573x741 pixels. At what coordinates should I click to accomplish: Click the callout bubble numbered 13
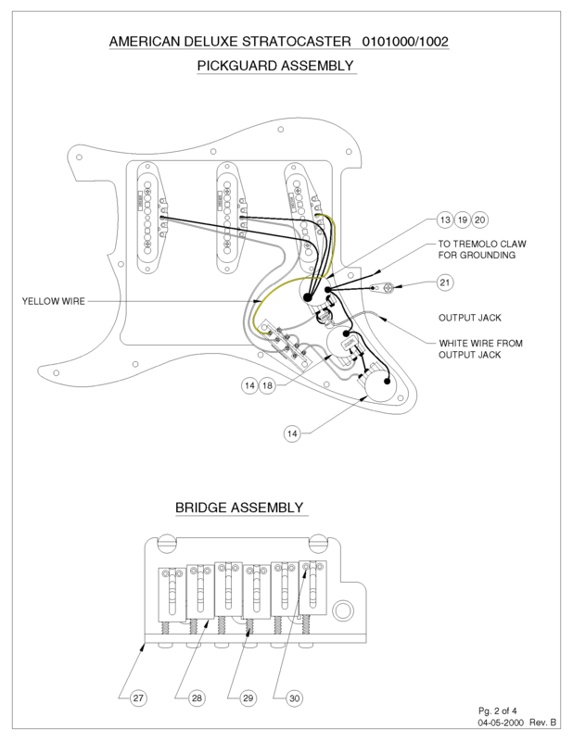pyautogui.click(x=445, y=220)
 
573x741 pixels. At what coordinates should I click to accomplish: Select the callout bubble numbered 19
pyautogui.click(x=463, y=220)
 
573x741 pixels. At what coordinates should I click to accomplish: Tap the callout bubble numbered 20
pyautogui.click(x=479, y=220)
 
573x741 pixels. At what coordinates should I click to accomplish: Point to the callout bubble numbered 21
pyautogui.click(x=445, y=282)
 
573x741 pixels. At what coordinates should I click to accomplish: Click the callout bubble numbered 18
pyautogui.click(x=267, y=384)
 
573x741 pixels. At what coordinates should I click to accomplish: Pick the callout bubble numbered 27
pyautogui.click(x=137, y=698)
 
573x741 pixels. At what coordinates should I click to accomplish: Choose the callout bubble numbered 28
pyautogui.click(x=197, y=698)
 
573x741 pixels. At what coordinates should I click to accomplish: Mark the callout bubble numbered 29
pyautogui.click(x=248, y=698)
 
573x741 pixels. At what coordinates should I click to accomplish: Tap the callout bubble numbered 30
pyautogui.click(x=294, y=698)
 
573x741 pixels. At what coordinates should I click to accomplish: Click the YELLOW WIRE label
pyautogui.click(x=53, y=301)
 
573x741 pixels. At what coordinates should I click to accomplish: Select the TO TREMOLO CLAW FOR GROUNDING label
pyautogui.click(x=482, y=249)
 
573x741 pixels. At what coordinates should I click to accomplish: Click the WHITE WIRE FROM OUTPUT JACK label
pyautogui.click(x=480, y=348)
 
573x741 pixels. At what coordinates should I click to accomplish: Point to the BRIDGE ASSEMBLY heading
pyautogui.click(x=239, y=508)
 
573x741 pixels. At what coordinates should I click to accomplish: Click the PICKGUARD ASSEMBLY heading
pyautogui.click(x=275, y=66)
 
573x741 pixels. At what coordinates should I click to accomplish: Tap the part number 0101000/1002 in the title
pyautogui.click(x=409, y=43)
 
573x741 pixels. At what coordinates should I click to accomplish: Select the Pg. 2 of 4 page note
pyautogui.click(x=498, y=710)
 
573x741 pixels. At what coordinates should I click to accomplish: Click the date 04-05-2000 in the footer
pyautogui.click(x=500, y=722)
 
